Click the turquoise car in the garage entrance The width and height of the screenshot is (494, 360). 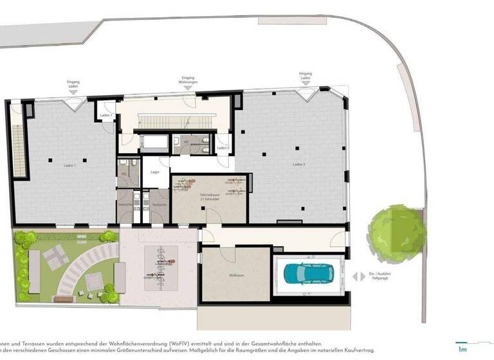click(307, 274)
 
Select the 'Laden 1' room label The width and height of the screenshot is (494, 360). click(70, 166)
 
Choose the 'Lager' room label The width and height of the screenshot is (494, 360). click(155, 172)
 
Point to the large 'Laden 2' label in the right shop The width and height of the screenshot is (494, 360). click(298, 165)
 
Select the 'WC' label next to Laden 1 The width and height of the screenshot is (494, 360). click(124, 174)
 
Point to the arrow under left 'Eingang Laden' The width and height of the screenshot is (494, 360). click(73, 93)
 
